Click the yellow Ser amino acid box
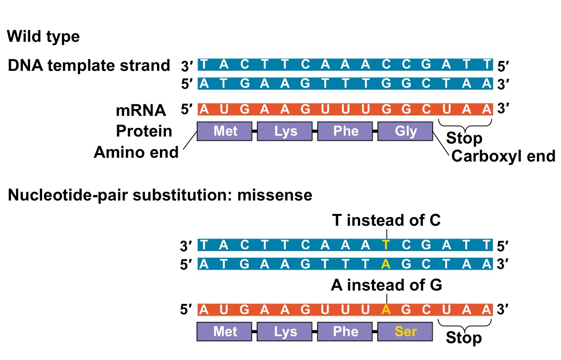pos(405,331)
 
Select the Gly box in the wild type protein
pos(405,131)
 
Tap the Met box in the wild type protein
pos(225,131)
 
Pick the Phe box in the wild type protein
pos(345,131)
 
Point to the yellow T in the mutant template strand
pos(386,245)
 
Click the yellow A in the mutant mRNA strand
pos(386,310)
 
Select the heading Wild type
pos(43,36)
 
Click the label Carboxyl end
pos(503,156)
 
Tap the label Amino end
pos(136,152)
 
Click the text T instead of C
pos(386,220)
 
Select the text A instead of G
pos(386,285)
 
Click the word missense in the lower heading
pos(275,195)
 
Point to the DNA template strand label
pos(89,66)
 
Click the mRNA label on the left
pos(141,110)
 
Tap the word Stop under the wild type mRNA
pos(464,138)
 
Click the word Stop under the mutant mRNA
pos(464,338)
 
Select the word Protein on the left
pos(144,131)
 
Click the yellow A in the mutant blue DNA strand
pos(386,264)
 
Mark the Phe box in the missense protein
pos(345,331)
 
